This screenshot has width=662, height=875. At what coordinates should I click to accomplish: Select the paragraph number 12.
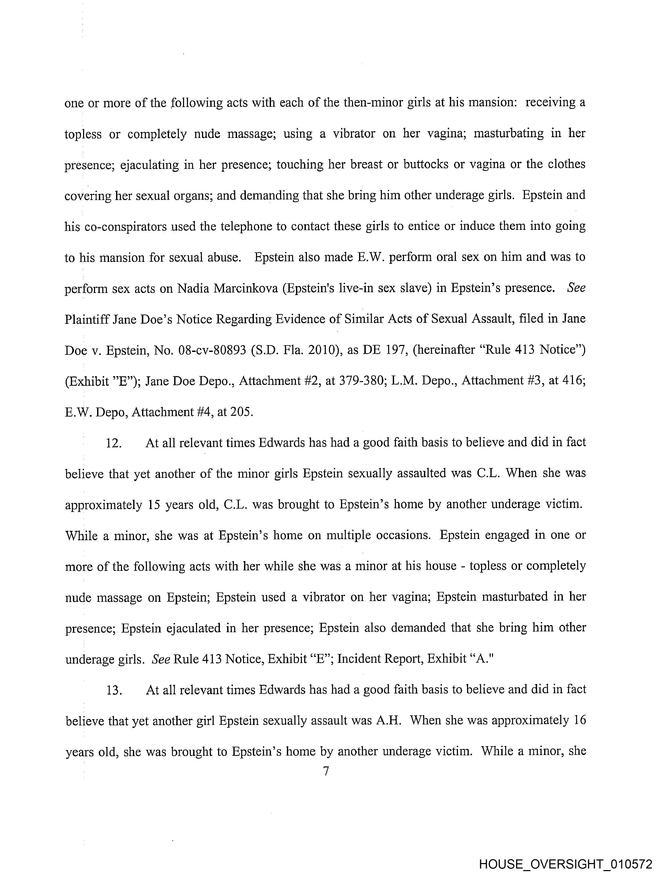pyautogui.click(x=113, y=443)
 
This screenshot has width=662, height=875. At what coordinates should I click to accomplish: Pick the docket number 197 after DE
pyautogui.click(x=395, y=350)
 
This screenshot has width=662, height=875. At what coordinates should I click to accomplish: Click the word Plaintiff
pyautogui.click(x=87, y=319)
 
